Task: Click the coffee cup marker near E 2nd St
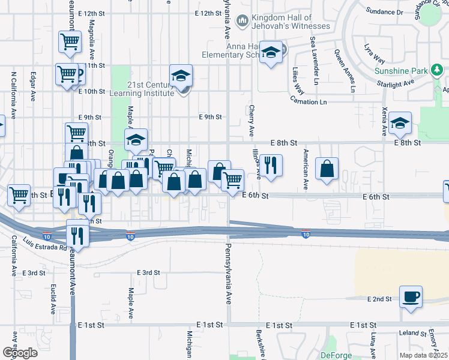pos(411,297)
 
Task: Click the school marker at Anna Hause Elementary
pos(271,53)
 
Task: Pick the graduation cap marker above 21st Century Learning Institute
pos(180,76)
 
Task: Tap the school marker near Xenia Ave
pos(400,123)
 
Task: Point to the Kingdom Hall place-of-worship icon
pos(242,22)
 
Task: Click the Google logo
pos(20,353)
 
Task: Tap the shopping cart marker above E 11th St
pos(70,43)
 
